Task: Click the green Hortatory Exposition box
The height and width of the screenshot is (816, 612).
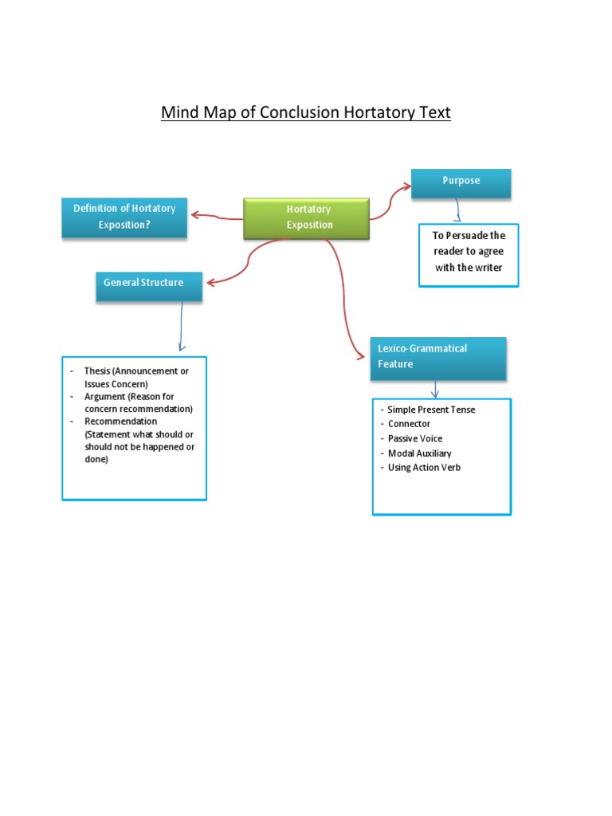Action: point(307,218)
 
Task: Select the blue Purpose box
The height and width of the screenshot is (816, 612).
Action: point(461,182)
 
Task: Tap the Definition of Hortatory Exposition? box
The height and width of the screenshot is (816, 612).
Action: point(124,217)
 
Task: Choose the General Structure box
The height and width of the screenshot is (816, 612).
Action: point(148,284)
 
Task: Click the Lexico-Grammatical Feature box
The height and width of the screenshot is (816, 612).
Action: point(437,357)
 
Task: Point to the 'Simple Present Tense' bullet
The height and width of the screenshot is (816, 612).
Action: point(431,410)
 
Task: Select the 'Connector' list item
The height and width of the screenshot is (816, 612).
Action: point(409,424)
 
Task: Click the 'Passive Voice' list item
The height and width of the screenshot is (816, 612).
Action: point(415,438)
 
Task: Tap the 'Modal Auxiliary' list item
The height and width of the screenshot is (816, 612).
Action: point(419,453)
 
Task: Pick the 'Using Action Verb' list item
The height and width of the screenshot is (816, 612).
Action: point(424,467)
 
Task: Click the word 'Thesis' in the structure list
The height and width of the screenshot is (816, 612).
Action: point(97,371)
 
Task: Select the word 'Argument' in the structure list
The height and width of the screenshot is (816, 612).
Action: point(104,396)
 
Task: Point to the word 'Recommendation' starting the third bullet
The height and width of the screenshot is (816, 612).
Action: point(120,421)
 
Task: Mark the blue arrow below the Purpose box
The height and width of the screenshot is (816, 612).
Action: point(457,211)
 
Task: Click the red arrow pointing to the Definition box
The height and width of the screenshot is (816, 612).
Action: point(215,215)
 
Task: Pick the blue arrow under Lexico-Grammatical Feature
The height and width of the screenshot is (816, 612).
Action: point(435,389)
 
